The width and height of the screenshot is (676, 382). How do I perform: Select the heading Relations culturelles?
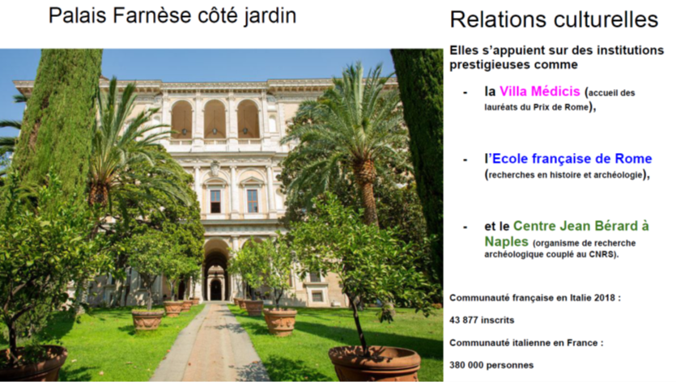coord(554,19)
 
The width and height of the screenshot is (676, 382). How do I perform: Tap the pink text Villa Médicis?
coord(539,91)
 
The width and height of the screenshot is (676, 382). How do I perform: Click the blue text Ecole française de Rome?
coord(572,159)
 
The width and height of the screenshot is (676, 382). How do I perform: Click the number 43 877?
coord(463,320)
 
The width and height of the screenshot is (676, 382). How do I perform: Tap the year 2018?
coord(605,298)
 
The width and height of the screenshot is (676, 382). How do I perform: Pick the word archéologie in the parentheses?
coord(620,175)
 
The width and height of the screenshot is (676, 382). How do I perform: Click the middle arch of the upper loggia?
coord(215,120)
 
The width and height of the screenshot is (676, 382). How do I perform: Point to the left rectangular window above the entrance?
coord(215,201)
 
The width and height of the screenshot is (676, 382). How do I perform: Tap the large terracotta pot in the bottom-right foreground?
coord(374,362)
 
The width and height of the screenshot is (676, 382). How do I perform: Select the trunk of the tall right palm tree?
coord(367,189)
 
